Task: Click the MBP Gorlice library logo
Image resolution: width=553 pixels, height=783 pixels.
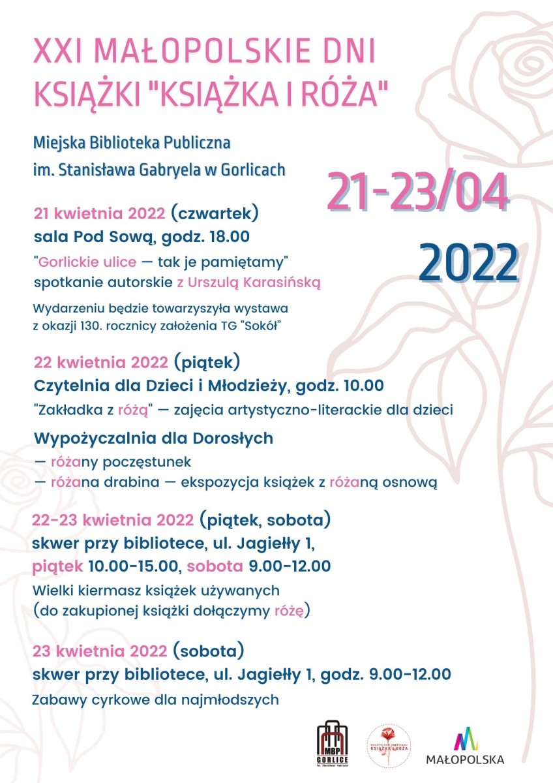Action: click(x=333, y=744)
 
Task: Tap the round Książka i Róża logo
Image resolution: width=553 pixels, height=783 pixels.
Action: click(x=389, y=744)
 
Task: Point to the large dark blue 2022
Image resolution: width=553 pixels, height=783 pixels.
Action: click(x=468, y=261)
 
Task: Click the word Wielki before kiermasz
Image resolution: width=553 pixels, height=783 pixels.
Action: click(x=52, y=591)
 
